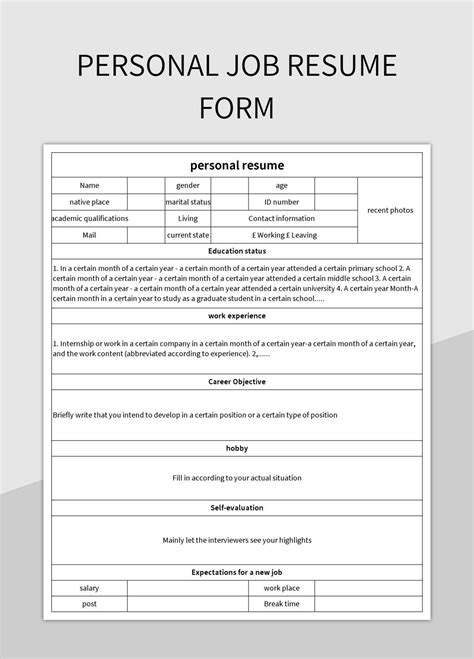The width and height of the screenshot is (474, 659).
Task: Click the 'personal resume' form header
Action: coord(237,165)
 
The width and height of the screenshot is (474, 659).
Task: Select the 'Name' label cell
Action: coord(90,185)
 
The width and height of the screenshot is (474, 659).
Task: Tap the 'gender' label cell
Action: coord(188,185)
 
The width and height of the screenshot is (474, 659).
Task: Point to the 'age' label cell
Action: coord(282,185)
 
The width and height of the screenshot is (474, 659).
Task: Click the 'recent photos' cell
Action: coord(390,210)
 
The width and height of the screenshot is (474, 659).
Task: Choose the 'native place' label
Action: coord(90,201)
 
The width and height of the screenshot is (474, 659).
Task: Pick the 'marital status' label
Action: coord(188,201)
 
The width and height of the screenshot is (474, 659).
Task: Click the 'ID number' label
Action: coord(282,201)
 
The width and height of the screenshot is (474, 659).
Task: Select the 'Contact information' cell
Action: coord(282,218)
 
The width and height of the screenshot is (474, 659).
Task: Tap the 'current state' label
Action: coord(188,235)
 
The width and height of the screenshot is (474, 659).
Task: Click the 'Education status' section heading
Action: coord(237,251)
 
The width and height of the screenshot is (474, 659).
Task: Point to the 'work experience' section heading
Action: coord(237,316)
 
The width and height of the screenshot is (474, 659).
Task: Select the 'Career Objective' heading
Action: coord(237,381)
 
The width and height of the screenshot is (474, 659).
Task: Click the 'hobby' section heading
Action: coord(237,447)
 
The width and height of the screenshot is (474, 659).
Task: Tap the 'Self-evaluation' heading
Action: coord(237,507)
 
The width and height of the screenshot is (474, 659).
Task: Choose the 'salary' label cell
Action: coord(90,588)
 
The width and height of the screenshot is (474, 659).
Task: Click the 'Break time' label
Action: coord(282,604)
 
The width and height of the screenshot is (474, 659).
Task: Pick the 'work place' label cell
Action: coord(282,588)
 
